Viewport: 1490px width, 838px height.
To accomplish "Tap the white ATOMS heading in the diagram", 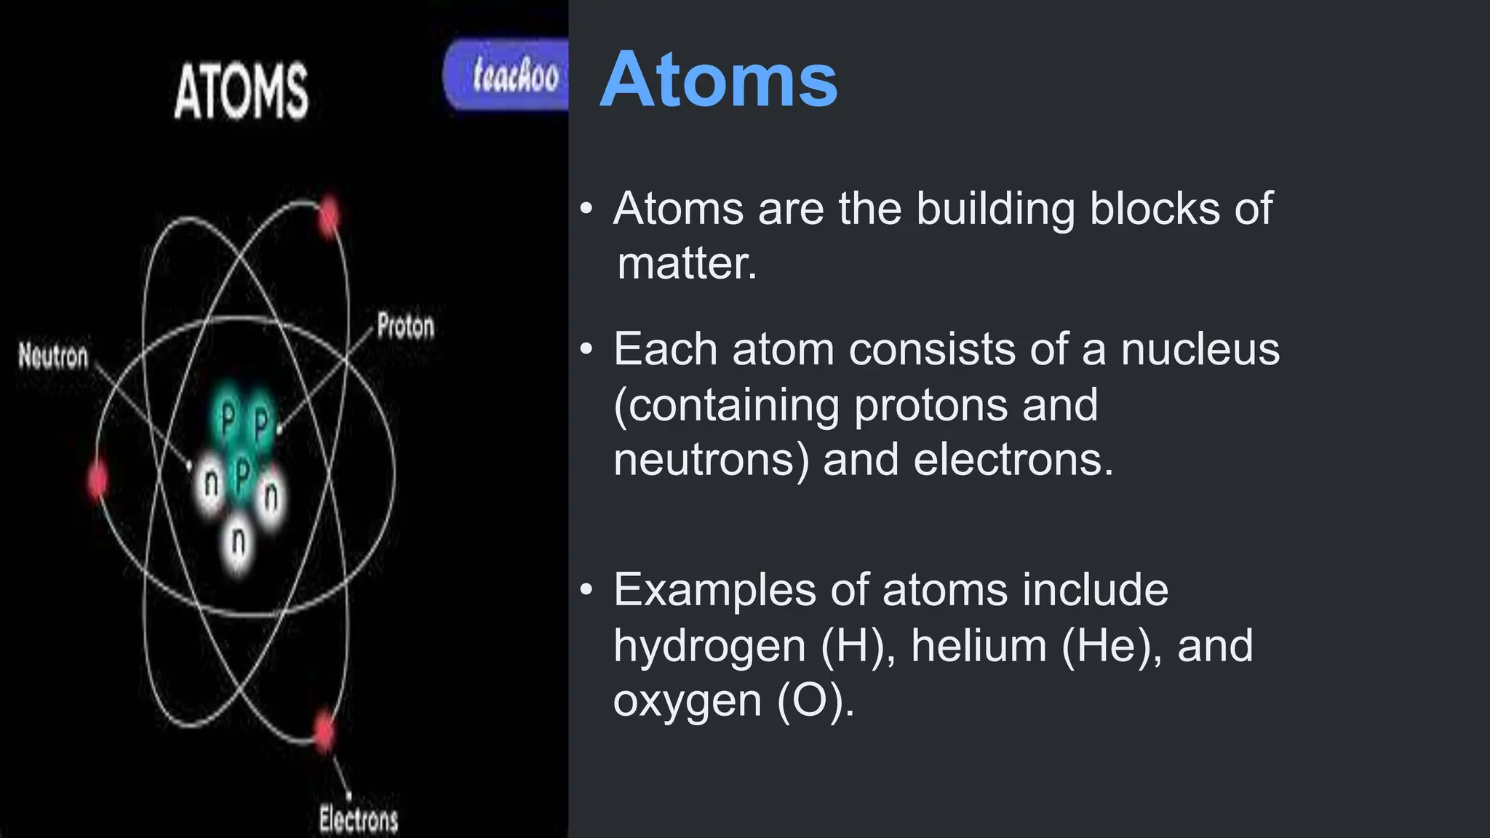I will click(x=241, y=92).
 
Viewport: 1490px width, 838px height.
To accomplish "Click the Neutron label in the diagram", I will click(x=53, y=356).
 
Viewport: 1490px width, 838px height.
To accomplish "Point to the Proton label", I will click(x=405, y=325).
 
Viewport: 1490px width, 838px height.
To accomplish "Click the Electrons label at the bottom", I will click(x=359, y=819).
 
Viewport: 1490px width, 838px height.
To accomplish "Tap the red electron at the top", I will click(x=330, y=216).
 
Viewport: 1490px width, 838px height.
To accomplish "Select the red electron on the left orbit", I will click(x=97, y=480).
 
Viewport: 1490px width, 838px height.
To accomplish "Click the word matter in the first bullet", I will click(x=686, y=263).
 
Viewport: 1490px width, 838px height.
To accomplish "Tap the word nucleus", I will click(x=1200, y=349).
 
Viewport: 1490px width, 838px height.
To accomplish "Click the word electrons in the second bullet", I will click(x=1013, y=460).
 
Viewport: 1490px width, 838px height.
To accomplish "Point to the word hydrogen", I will click(x=709, y=645).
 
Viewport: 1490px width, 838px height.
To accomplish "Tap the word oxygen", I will click(x=688, y=701).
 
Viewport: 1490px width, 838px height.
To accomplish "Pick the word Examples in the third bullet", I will click(x=715, y=589).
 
